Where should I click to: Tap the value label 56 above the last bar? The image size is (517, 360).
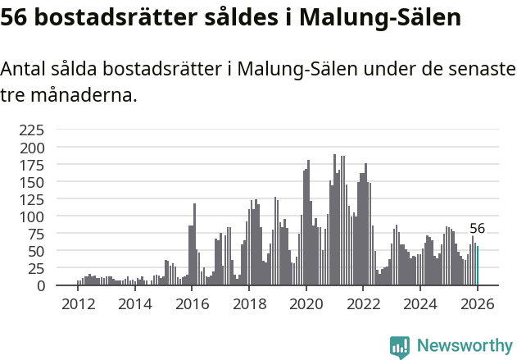477,229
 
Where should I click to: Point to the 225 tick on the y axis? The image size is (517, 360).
32,130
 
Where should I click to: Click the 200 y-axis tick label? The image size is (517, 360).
32,148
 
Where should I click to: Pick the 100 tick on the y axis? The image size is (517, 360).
32,216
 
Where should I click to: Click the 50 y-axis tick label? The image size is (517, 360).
36,251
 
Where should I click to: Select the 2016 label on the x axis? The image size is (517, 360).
193,304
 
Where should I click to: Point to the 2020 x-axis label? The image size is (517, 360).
306,304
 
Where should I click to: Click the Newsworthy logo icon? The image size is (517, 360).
400,347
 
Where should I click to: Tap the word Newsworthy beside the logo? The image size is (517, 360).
464,347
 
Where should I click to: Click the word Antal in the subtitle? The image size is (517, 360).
24,70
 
